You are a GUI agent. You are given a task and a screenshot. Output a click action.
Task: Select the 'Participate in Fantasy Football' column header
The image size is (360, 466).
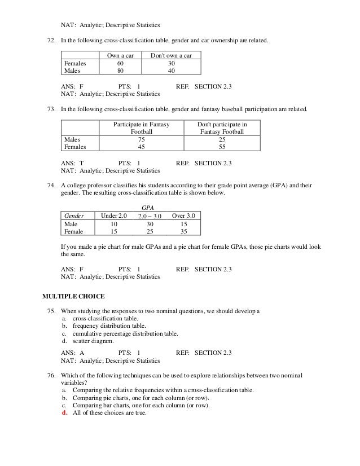click(x=142, y=127)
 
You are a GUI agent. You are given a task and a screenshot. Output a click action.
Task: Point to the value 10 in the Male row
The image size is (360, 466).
click(x=114, y=223)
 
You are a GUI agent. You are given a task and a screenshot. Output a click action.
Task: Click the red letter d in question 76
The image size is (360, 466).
click(x=63, y=412)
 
